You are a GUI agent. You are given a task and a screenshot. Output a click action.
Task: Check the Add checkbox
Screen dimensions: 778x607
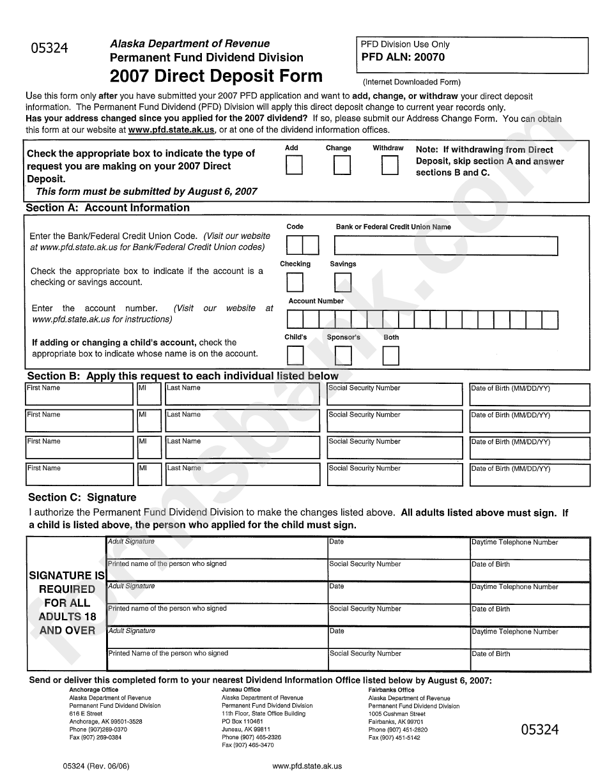(294, 165)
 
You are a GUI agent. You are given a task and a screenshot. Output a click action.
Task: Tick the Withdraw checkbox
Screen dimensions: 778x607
(390, 165)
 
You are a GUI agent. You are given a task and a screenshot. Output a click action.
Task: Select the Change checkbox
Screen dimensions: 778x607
(342, 165)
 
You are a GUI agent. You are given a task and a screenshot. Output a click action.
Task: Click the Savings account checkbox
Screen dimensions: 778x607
(342, 282)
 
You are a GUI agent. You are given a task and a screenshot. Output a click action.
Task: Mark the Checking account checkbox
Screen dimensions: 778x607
(295, 282)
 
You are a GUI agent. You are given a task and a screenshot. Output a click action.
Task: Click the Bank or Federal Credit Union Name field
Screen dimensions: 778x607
(445, 246)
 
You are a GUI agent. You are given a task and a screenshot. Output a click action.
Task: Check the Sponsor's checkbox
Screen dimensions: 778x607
(343, 355)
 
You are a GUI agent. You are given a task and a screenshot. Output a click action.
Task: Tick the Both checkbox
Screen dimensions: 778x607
(390, 355)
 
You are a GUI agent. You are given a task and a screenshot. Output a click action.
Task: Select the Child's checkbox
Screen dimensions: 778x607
(295, 355)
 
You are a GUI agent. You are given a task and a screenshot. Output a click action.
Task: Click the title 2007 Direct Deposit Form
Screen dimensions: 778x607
(216, 77)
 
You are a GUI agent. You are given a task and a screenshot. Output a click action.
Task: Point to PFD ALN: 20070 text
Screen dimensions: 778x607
(403, 57)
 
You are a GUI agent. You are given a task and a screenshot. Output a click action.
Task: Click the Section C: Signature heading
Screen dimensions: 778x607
(82, 497)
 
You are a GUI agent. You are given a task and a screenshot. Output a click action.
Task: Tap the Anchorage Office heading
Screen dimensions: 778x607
(93, 690)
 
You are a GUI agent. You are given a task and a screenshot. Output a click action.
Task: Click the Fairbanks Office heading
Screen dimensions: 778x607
(391, 690)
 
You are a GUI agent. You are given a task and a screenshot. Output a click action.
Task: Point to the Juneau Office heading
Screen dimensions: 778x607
(241, 690)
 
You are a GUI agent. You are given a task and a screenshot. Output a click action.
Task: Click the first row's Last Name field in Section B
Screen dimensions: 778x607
(242, 397)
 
